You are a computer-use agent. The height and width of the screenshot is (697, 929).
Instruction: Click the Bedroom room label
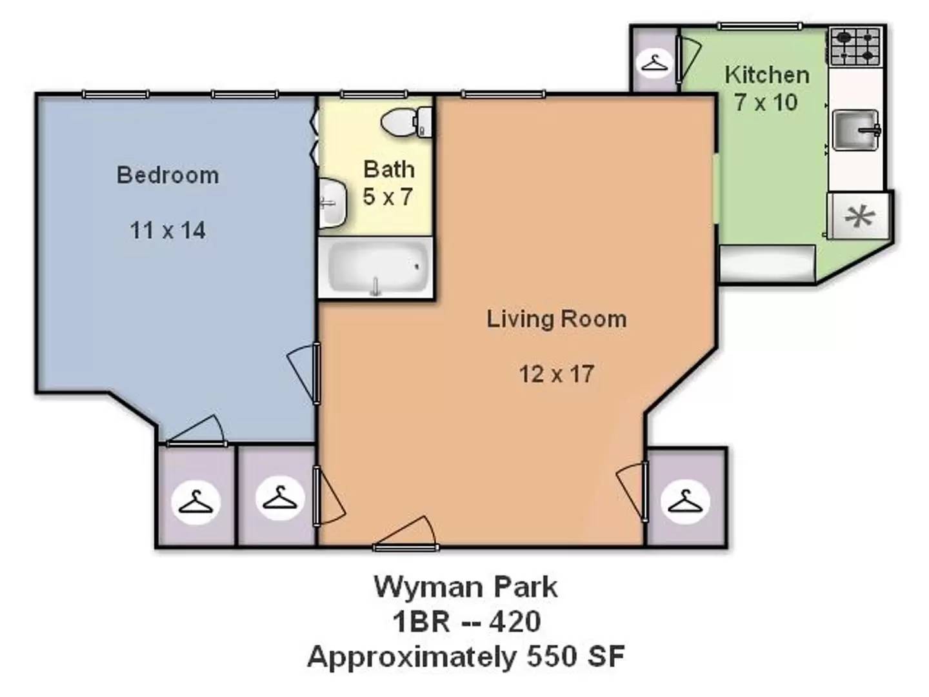[x=168, y=175]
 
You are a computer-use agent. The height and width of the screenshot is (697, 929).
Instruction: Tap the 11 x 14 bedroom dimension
[x=168, y=230]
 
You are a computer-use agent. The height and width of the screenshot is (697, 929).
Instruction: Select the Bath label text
[x=389, y=169]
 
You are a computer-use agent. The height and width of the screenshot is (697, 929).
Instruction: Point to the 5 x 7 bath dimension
[x=388, y=197]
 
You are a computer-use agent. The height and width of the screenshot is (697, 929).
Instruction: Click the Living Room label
[x=556, y=319]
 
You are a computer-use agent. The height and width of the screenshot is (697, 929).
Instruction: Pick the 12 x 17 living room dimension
[x=556, y=374]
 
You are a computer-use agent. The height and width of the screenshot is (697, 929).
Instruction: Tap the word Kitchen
[x=766, y=75]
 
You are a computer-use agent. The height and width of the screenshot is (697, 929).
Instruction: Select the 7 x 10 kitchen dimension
[x=766, y=103]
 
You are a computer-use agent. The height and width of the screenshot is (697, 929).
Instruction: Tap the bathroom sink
[x=332, y=203]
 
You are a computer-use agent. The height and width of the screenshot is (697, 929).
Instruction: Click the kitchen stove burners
[x=855, y=46]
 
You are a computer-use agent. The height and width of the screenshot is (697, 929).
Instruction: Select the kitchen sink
[x=855, y=130]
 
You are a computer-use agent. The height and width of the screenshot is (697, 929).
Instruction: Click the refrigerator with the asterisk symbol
[x=859, y=216]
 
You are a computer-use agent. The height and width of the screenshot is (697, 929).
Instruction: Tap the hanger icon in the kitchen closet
[x=655, y=63]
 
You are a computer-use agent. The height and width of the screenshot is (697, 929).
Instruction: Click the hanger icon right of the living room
[x=684, y=501]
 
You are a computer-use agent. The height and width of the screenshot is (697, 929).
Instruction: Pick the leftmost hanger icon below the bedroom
[x=195, y=501]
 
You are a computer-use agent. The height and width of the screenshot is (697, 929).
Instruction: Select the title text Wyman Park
[x=465, y=587]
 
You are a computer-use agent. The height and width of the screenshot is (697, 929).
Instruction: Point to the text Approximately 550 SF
[x=465, y=656]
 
